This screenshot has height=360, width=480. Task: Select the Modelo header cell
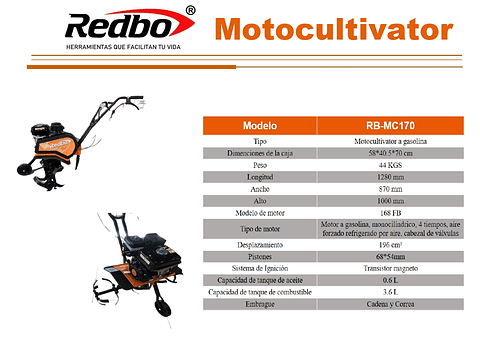pyautogui.click(x=259, y=126)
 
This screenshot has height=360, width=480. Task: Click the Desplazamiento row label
pyautogui.click(x=259, y=245)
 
